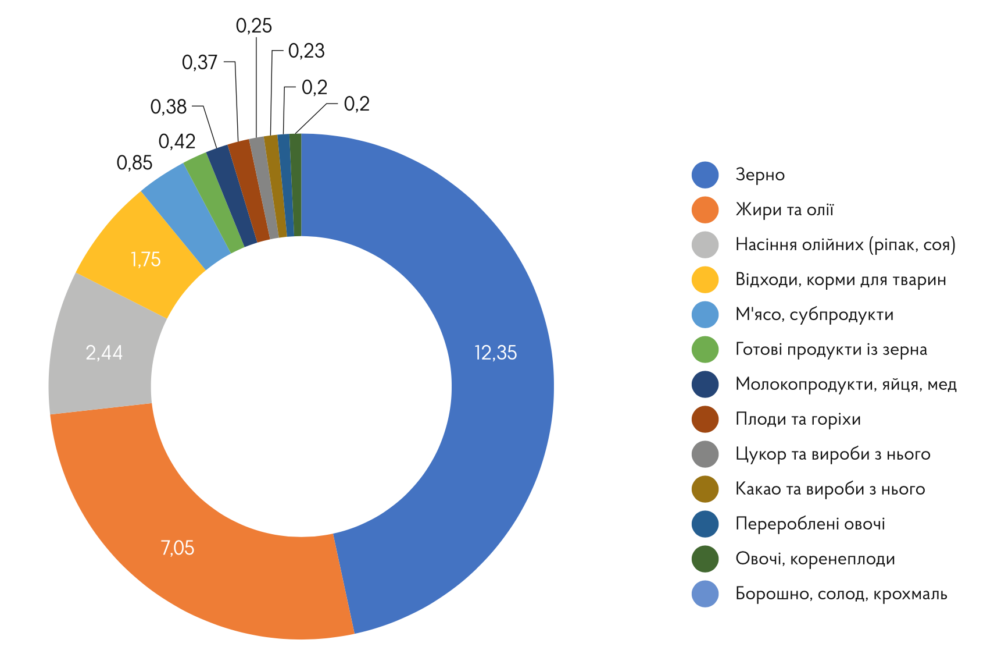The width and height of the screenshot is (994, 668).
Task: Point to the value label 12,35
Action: [x=495, y=353]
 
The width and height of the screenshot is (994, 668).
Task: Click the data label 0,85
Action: [x=134, y=163]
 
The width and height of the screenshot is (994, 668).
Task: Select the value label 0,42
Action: [x=177, y=141]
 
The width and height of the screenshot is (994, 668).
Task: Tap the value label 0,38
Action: [x=169, y=107]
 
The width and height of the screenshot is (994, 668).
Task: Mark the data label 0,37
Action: [x=200, y=62]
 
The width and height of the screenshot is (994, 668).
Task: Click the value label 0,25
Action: [x=254, y=26]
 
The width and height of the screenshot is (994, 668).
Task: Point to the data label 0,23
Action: [x=306, y=51]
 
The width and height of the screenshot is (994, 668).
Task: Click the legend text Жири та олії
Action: [x=784, y=209]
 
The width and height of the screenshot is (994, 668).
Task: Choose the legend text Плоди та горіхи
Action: [x=798, y=419]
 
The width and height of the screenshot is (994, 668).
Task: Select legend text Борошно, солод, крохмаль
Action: [x=841, y=594]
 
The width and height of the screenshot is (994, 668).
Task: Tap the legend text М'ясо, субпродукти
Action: [x=814, y=314]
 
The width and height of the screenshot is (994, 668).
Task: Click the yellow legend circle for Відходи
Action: [x=705, y=279]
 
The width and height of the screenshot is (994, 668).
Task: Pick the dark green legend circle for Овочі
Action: [x=705, y=559]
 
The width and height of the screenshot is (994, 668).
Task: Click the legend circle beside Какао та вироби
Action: [x=705, y=489]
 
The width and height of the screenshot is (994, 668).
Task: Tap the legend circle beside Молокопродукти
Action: [x=705, y=384]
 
